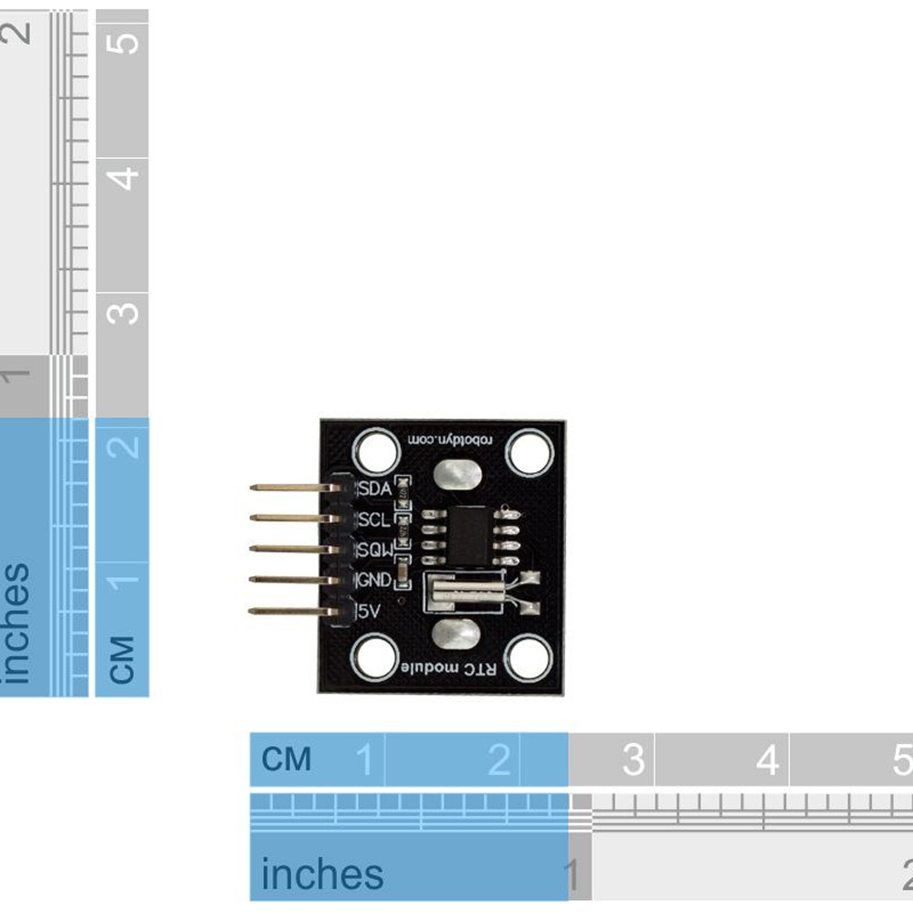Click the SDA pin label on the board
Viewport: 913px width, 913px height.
point(374,489)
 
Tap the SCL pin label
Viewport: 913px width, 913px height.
point(374,519)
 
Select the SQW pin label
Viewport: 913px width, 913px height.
point(374,550)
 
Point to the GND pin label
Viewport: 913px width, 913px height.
point(374,580)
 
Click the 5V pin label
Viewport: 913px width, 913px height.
point(370,610)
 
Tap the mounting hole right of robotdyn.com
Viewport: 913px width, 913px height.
point(530,453)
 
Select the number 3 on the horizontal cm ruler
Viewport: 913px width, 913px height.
point(633,760)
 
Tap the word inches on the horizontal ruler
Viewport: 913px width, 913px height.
point(322,875)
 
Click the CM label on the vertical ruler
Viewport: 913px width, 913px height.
point(122,659)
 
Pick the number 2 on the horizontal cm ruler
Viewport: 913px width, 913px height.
point(498,760)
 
